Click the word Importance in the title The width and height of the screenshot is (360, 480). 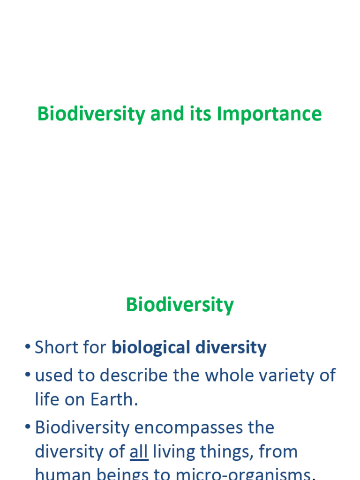pos(269,114)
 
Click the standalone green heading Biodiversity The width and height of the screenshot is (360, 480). pos(180,305)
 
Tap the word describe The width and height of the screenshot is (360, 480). pos(134,375)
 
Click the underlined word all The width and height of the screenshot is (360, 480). pos(139,452)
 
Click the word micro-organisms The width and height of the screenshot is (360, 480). pos(243,474)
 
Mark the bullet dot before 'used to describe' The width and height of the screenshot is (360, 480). pos(28,376)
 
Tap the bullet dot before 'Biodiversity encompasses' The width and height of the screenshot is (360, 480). pos(28,428)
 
